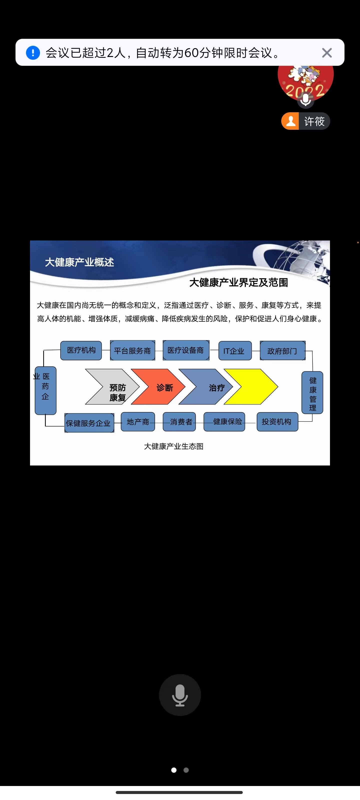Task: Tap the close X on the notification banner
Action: pos(327,53)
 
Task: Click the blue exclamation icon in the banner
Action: pos(33,53)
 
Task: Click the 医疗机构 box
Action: pos(81,350)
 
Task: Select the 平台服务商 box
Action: pos(132,350)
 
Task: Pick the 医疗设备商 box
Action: pos(186,350)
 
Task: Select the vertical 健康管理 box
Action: pos(312,393)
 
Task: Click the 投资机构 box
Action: pos(277,422)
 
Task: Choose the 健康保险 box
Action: pos(224,422)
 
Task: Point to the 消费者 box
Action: pos(179,422)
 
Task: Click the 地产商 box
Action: pos(138,422)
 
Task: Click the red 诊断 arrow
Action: pos(160,387)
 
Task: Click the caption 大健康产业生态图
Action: pos(174,446)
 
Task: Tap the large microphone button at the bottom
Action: pos(180,695)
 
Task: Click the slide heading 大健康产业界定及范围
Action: pos(238,282)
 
